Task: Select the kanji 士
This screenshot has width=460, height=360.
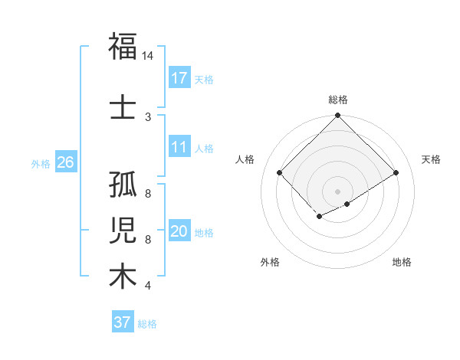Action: (x=123, y=106)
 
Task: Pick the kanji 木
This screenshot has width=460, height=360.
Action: (x=123, y=276)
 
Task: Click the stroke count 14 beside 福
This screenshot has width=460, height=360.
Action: (x=148, y=56)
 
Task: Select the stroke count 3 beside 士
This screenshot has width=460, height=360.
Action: (x=148, y=116)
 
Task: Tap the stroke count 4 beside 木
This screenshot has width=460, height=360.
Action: (x=148, y=286)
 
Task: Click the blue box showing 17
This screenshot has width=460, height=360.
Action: (x=179, y=77)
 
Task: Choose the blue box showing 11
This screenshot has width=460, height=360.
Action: (x=179, y=147)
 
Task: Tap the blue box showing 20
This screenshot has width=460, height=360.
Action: (x=179, y=231)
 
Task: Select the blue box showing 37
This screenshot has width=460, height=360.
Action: (x=122, y=322)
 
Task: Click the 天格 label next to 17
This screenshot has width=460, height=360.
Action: (x=204, y=79)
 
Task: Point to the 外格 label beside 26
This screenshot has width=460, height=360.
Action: (x=41, y=163)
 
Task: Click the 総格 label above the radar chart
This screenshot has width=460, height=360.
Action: (x=338, y=100)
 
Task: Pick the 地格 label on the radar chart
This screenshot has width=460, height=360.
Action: (x=402, y=262)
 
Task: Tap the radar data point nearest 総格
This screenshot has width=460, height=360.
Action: (x=338, y=116)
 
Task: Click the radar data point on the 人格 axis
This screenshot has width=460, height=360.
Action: (x=280, y=172)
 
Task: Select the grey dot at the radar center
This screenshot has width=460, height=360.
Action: (x=338, y=191)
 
